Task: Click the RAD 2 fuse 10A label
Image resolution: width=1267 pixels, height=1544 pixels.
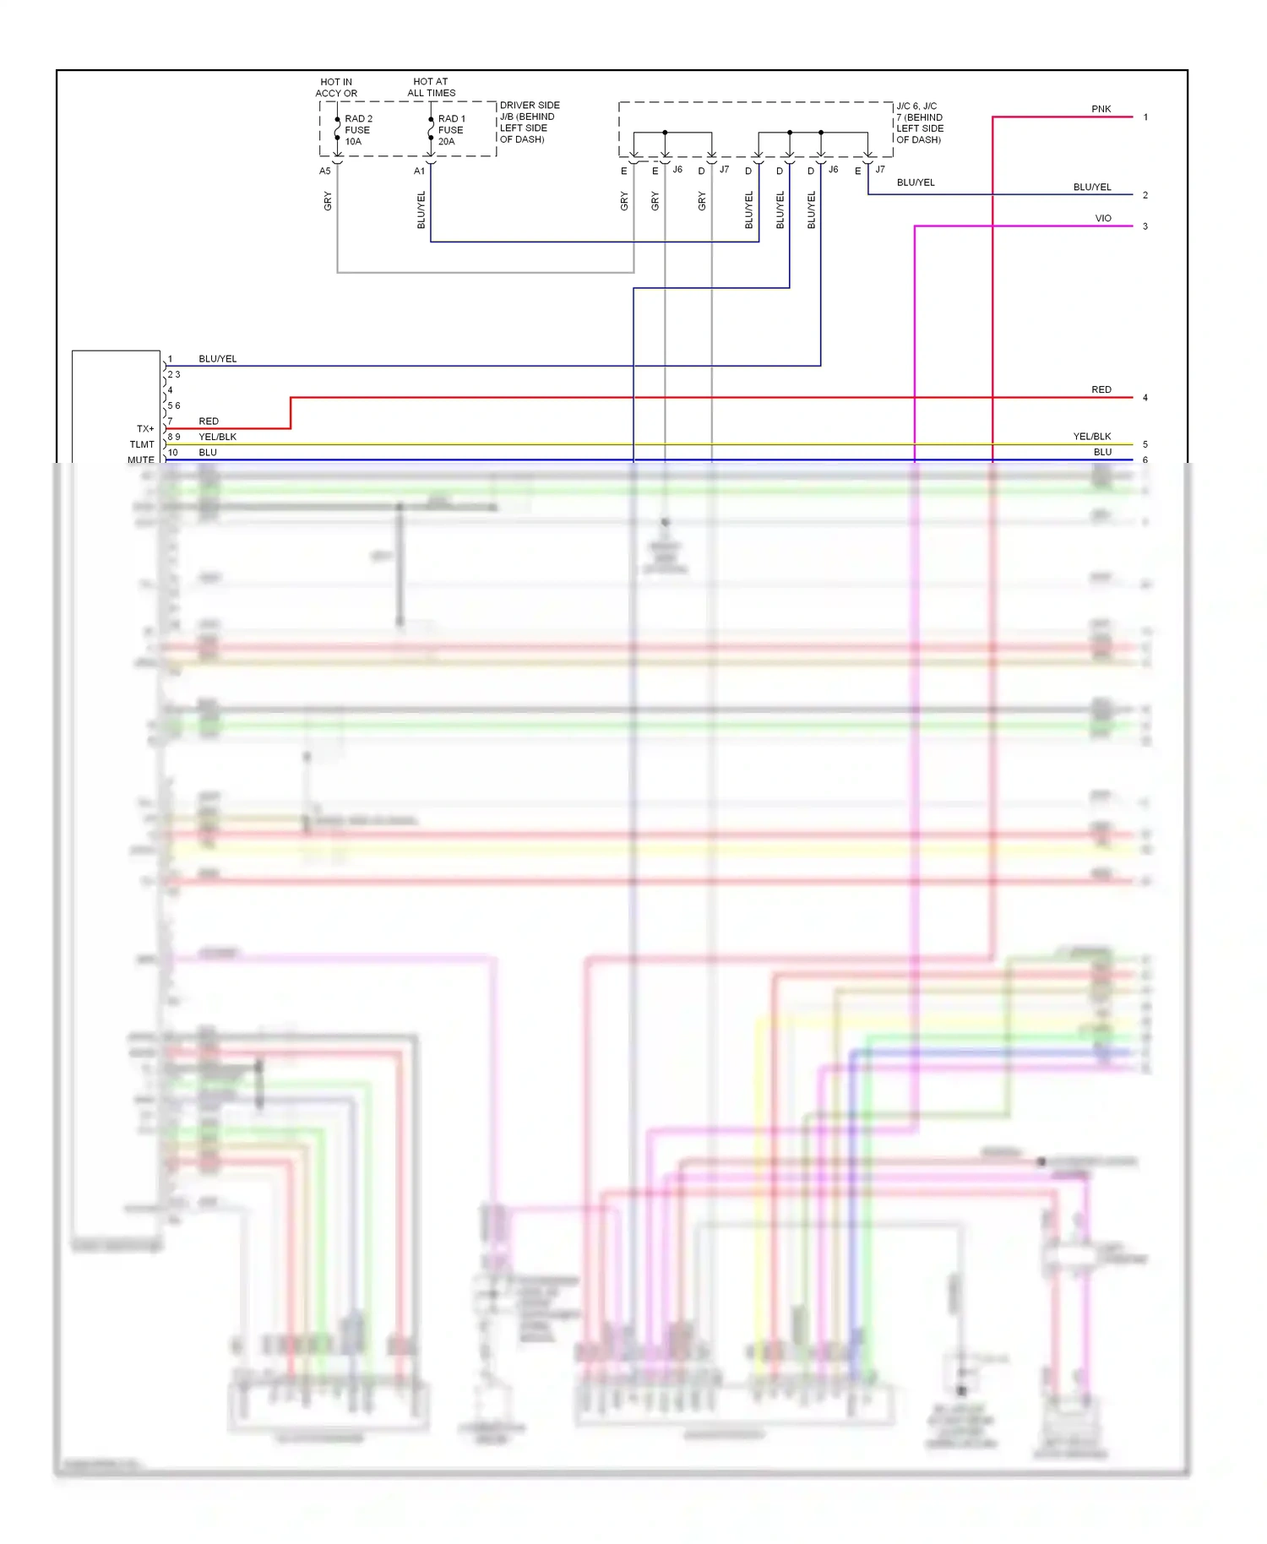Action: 358,130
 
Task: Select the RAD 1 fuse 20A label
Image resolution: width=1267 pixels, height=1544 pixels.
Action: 451,130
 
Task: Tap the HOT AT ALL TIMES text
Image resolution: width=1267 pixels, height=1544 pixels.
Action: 431,87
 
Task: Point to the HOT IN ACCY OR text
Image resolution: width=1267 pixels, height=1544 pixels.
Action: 336,87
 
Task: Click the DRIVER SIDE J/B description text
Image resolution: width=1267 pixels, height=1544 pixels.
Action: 529,122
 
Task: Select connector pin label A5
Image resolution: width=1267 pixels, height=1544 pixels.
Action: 324,171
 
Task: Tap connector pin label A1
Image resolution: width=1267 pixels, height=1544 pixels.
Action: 419,171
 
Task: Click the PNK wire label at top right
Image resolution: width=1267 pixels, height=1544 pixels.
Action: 1101,109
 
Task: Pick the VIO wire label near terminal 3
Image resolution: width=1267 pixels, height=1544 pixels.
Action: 1102,218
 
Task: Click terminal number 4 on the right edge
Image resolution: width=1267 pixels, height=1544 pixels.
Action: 1145,398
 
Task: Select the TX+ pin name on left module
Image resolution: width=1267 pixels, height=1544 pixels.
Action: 145,429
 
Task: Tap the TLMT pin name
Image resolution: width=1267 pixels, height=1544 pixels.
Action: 142,444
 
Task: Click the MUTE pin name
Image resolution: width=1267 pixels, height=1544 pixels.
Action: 141,459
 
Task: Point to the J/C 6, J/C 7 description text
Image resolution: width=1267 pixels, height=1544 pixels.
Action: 920,122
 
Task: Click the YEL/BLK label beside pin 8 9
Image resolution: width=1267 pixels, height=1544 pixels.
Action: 217,437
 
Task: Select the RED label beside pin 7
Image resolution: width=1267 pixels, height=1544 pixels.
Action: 208,421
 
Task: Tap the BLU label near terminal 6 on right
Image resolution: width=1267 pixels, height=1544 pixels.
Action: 1102,452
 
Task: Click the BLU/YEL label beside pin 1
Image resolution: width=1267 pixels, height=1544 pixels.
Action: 217,359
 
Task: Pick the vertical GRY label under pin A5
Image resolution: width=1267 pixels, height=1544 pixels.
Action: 328,201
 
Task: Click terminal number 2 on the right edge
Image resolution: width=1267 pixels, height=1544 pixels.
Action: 1145,195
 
